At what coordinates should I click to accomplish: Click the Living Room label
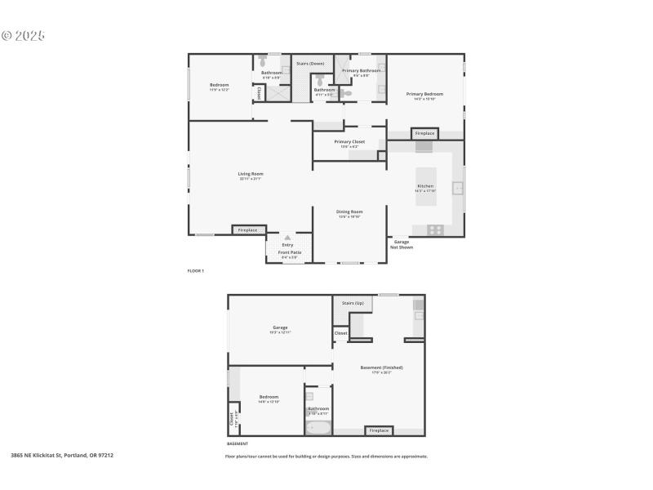251,174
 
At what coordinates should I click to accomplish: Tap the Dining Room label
349,212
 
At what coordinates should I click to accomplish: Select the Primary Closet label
349,142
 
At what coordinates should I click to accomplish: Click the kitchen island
426,186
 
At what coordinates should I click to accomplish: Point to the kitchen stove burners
435,229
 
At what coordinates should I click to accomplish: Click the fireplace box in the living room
247,230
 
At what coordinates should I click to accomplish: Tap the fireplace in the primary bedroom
424,133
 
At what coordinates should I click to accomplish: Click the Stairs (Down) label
309,63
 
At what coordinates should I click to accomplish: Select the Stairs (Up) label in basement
353,303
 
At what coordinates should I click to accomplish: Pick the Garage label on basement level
280,328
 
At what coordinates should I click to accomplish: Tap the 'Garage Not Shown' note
402,244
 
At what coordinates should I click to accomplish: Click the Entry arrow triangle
287,238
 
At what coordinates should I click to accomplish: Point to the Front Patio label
287,253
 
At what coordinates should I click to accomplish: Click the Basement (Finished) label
381,368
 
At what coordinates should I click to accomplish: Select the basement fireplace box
378,430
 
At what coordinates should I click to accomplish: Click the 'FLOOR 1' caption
196,270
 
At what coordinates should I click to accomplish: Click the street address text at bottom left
62,456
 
